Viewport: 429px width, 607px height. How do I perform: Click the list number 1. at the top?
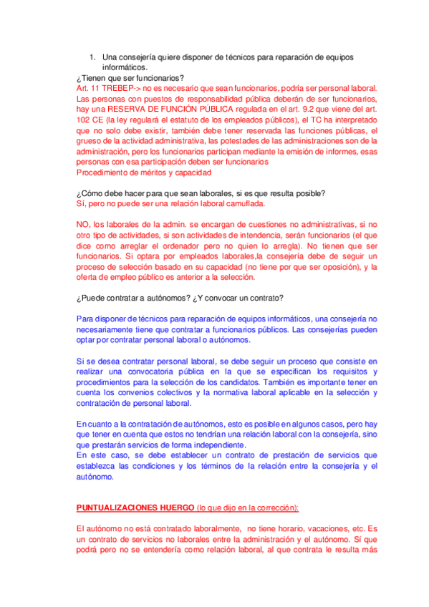(92, 57)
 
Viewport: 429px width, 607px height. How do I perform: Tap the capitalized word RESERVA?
(125, 109)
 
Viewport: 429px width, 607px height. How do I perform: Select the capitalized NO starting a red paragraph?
(83, 225)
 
